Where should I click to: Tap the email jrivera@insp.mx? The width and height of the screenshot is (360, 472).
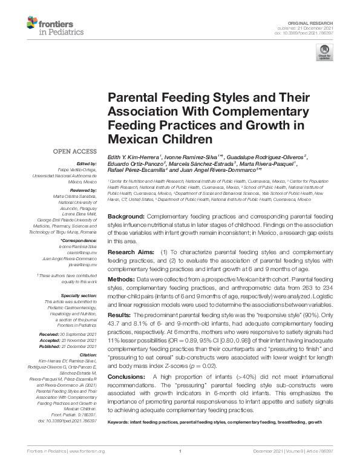[x=85, y=265]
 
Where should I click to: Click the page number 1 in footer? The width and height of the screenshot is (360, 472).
[x=180, y=451]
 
